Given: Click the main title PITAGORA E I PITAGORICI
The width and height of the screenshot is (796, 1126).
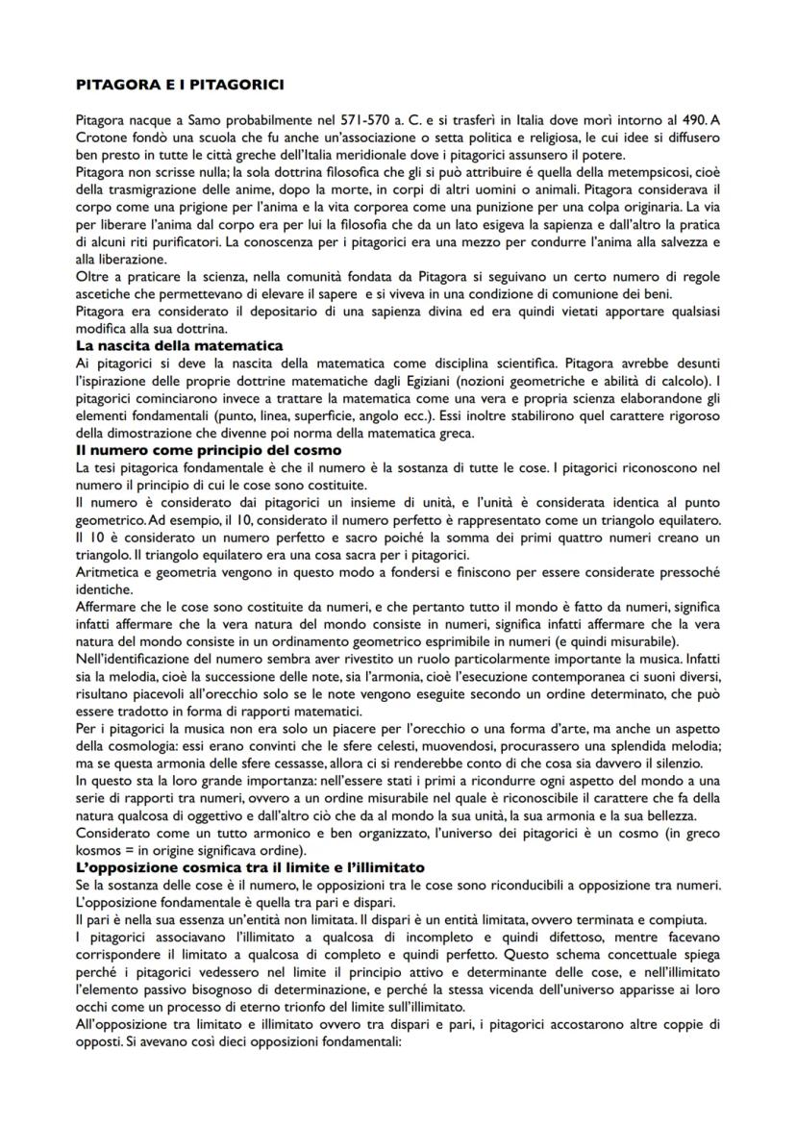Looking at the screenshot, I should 179,86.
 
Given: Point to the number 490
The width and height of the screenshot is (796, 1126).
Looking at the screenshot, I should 680,118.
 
